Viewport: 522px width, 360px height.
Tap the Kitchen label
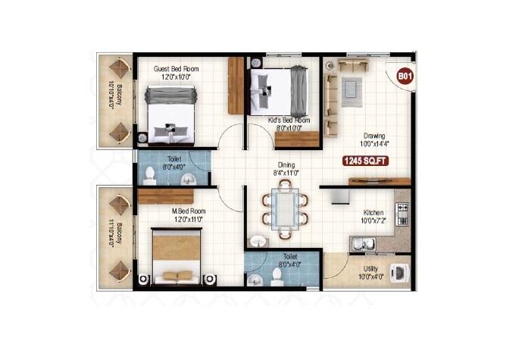pyautogui.click(x=374, y=213)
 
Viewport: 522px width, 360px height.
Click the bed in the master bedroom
pyautogui.click(x=177, y=256)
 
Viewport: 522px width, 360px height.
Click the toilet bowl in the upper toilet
pyautogui.click(x=149, y=177)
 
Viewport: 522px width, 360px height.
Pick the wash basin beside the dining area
pyautogui.click(x=258, y=241)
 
